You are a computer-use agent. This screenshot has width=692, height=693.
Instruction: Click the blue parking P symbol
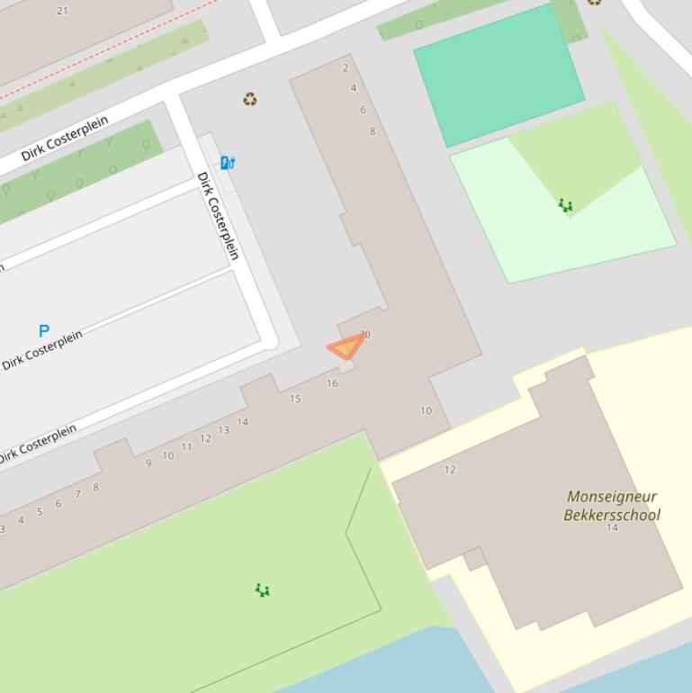43,330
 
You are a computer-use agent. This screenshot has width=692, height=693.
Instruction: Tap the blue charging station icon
228,163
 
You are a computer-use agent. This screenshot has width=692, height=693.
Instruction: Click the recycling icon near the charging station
250,99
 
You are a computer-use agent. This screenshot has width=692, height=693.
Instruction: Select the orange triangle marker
346,346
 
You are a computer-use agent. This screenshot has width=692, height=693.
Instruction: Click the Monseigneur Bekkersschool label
612,506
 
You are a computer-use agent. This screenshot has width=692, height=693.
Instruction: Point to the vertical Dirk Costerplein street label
219,216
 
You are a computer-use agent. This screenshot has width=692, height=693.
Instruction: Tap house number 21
62,11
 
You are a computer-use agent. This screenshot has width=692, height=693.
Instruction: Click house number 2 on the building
346,67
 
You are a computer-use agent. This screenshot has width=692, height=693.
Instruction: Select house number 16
332,383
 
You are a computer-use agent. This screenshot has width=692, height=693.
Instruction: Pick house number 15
295,399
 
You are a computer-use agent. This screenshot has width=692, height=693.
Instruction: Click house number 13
224,430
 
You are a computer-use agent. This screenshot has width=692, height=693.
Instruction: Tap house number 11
186,447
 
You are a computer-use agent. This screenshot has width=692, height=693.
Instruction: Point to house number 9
148,463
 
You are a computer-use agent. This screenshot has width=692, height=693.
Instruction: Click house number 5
40,512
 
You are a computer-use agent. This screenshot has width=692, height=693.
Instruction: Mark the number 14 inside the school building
612,528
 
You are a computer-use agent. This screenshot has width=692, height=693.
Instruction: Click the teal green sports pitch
499,75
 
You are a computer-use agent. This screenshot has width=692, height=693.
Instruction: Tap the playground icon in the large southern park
262,590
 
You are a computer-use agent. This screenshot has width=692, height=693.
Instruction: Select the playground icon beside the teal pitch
565,206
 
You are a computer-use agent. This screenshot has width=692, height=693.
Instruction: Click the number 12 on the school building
450,470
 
